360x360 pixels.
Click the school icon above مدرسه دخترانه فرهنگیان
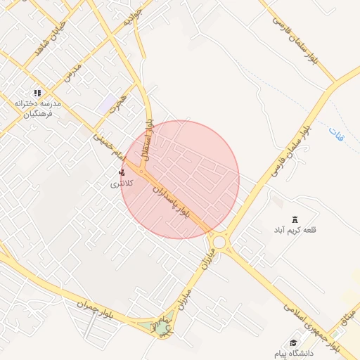38,92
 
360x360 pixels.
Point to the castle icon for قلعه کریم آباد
295,219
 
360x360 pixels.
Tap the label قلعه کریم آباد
296,230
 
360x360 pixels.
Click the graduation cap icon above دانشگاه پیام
293,342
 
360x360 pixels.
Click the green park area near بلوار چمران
162,328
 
